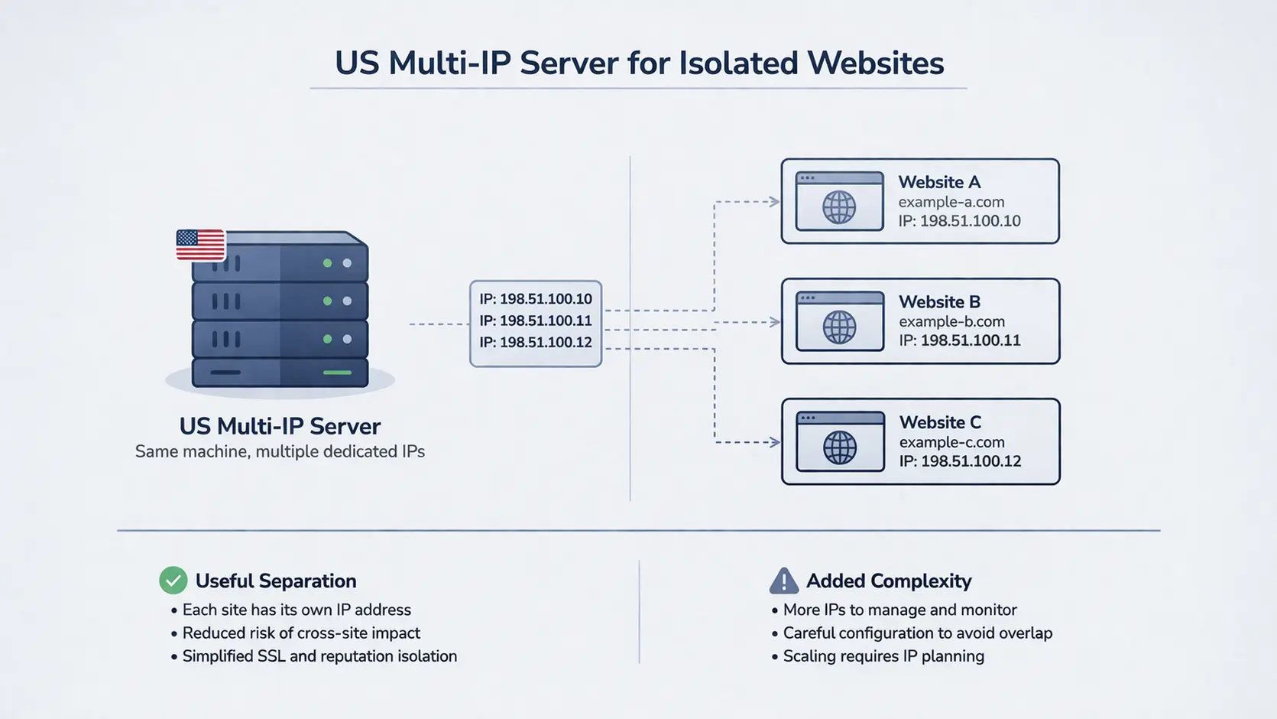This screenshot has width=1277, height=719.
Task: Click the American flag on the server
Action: [200, 245]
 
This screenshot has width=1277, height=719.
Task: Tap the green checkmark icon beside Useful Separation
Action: [173, 581]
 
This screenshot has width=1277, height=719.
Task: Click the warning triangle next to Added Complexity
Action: [783, 581]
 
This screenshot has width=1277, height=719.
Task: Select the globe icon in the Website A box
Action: [839, 207]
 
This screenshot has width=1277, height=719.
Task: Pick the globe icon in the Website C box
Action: [839, 447]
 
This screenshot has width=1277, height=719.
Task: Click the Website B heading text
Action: [939, 302]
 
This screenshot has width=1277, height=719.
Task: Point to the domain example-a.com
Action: [951, 202]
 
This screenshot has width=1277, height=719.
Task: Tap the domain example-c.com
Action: [951, 442]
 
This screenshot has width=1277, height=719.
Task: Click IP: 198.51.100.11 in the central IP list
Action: [535, 320]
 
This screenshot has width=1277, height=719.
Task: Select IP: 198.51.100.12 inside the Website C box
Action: [960, 461]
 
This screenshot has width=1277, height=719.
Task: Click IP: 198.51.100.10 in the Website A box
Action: [959, 221]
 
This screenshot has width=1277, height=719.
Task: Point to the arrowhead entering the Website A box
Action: [774, 202]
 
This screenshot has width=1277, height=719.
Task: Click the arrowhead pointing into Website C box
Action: [774, 442]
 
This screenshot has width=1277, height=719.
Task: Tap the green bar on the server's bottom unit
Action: [337, 373]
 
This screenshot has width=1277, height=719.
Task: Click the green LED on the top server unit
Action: [327, 263]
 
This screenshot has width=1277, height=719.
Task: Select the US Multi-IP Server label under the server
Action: [280, 426]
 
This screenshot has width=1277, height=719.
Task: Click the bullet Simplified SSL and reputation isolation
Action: [319, 656]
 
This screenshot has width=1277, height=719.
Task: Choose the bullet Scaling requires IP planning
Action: [883, 656]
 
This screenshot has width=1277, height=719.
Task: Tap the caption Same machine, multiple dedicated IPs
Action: [280, 451]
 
